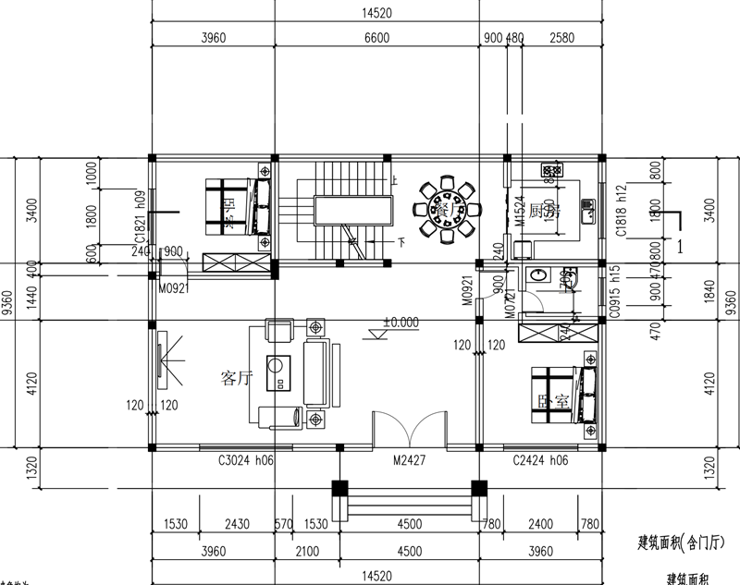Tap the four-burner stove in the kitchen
point(552,171)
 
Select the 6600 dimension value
point(376,39)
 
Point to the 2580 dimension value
point(561,39)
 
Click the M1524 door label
point(521,211)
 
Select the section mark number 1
point(681,247)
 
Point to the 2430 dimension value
point(237,524)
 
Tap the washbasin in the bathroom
point(536,276)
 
